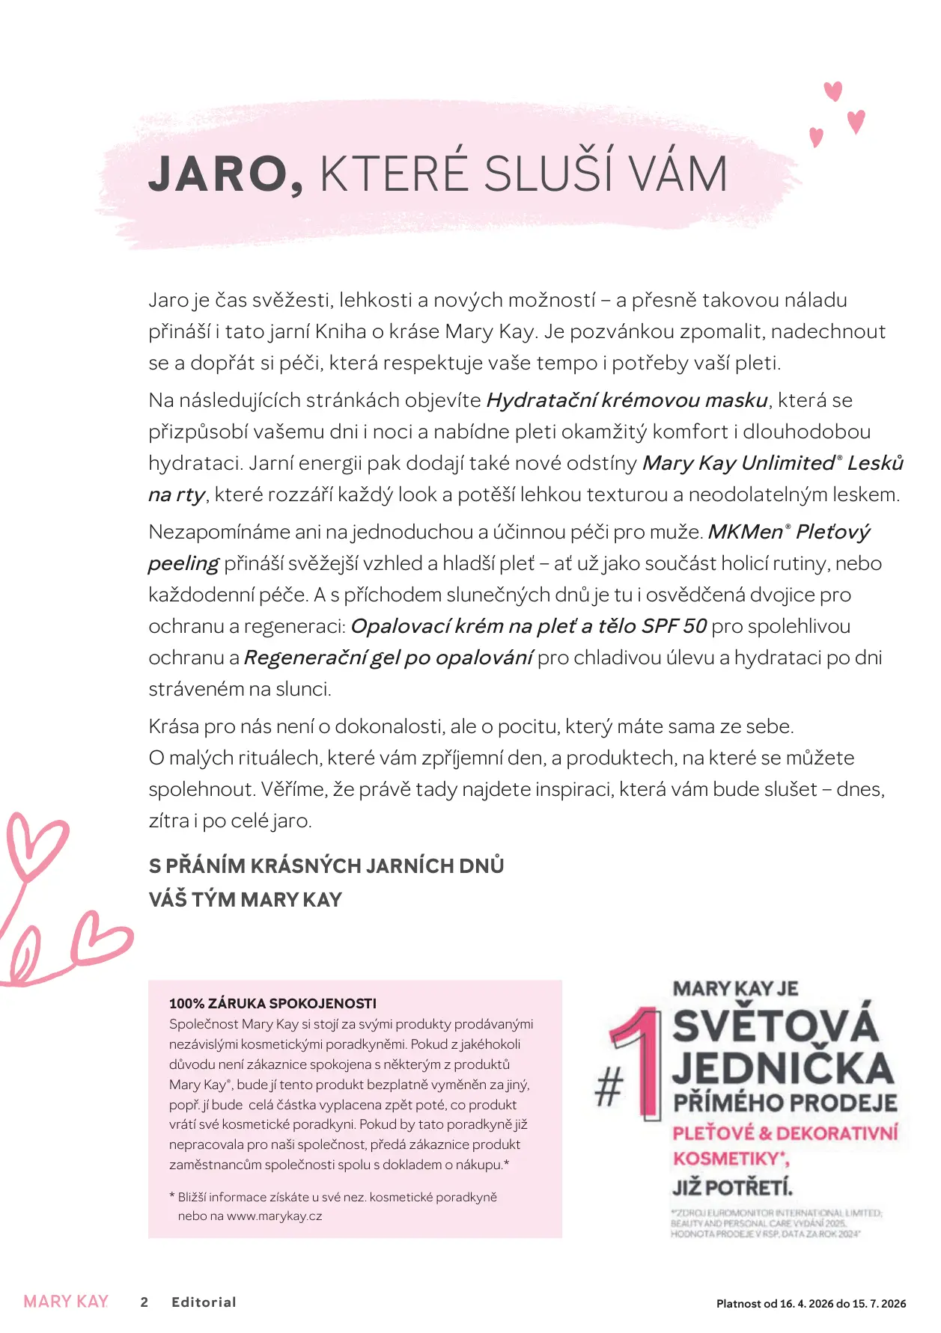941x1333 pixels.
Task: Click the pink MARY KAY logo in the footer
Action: coord(66,1302)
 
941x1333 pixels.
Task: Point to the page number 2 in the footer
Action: coord(144,1302)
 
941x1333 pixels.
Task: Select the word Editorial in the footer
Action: coord(204,1302)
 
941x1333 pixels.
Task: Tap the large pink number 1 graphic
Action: coord(642,1062)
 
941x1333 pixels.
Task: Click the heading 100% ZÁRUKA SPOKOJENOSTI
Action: coord(272,1004)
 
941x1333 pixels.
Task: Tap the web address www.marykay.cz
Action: coord(274,1216)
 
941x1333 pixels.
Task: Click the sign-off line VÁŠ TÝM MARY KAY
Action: coord(245,899)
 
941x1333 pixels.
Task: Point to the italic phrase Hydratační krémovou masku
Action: coord(627,400)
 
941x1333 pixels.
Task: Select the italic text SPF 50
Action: coord(674,626)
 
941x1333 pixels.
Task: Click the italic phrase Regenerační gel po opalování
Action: coord(388,658)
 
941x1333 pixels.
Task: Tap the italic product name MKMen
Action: coord(745,532)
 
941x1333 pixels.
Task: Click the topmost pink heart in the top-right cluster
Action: coord(833,91)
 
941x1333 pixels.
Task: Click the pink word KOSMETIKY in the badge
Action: coord(725,1159)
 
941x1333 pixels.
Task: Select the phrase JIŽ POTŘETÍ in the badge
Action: coord(731,1187)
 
